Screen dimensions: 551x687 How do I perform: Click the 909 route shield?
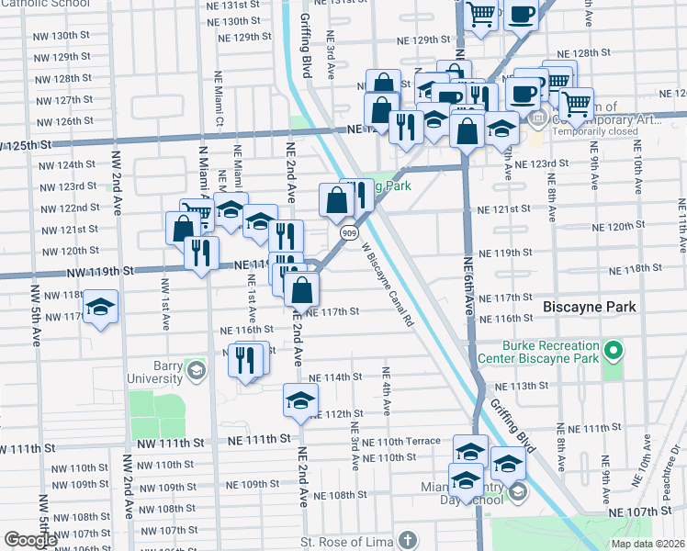349,234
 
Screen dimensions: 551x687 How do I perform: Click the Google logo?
30,540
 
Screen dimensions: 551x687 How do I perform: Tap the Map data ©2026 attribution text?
648,544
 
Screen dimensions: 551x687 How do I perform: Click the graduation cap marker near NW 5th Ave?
100,307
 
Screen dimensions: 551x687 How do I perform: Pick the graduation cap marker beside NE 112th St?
300,400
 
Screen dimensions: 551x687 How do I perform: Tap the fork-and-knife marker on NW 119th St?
200,252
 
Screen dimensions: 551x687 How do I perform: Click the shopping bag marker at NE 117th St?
301,289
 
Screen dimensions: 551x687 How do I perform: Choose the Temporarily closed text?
593,131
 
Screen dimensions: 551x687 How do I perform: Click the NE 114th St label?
336,377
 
